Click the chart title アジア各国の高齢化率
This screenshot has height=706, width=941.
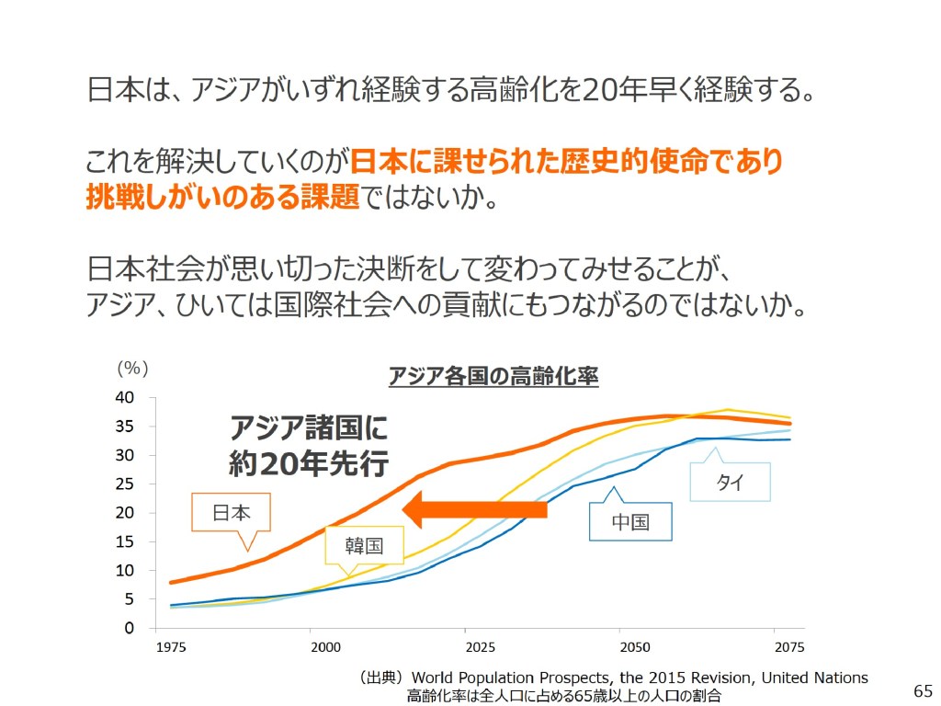point(493,377)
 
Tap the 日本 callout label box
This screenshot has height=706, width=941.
point(232,513)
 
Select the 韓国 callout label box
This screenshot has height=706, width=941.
point(364,545)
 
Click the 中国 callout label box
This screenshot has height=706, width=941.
point(630,522)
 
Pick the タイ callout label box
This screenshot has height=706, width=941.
point(730,483)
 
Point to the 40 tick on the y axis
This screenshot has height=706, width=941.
point(124,398)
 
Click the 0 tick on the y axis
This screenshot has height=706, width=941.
point(130,629)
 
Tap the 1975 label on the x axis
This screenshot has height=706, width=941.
point(171,647)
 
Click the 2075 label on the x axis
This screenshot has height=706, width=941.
point(788,647)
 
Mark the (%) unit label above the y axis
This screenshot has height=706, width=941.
point(131,368)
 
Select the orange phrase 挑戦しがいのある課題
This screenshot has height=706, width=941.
point(222,197)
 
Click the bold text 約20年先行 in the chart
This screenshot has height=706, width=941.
point(309,463)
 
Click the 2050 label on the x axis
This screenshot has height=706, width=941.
point(635,647)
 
